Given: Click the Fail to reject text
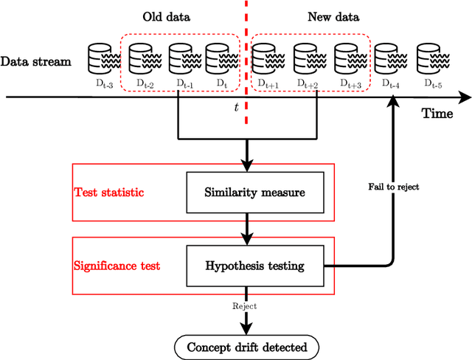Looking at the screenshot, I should [x=394, y=187].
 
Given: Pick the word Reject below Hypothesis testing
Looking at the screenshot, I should [x=246, y=304].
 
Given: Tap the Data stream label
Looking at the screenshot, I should [x=36, y=61].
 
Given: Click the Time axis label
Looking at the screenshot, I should [x=437, y=113].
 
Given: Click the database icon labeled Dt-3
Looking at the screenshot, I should [x=100, y=57].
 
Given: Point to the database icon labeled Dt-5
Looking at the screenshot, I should [x=430, y=57].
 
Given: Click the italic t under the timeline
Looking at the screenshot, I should [x=236, y=108].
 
